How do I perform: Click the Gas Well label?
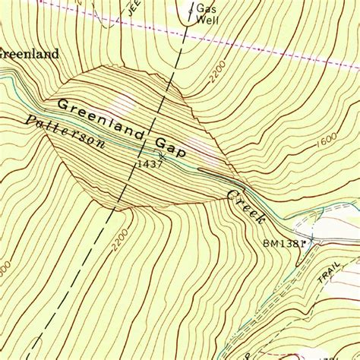pyautogui.click(x=207, y=14)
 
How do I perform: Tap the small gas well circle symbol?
pyautogui.click(x=189, y=11)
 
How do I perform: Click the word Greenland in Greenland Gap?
pyautogui.click(x=101, y=118)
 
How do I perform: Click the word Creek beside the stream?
pyautogui.click(x=245, y=206)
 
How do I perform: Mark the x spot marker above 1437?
pyautogui.click(x=161, y=154)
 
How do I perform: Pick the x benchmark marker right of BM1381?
pyautogui.click(x=311, y=240)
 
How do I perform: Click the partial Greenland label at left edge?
pyautogui.click(x=29, y=54)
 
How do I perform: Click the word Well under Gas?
pyautogui.click(x=207, y=21)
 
